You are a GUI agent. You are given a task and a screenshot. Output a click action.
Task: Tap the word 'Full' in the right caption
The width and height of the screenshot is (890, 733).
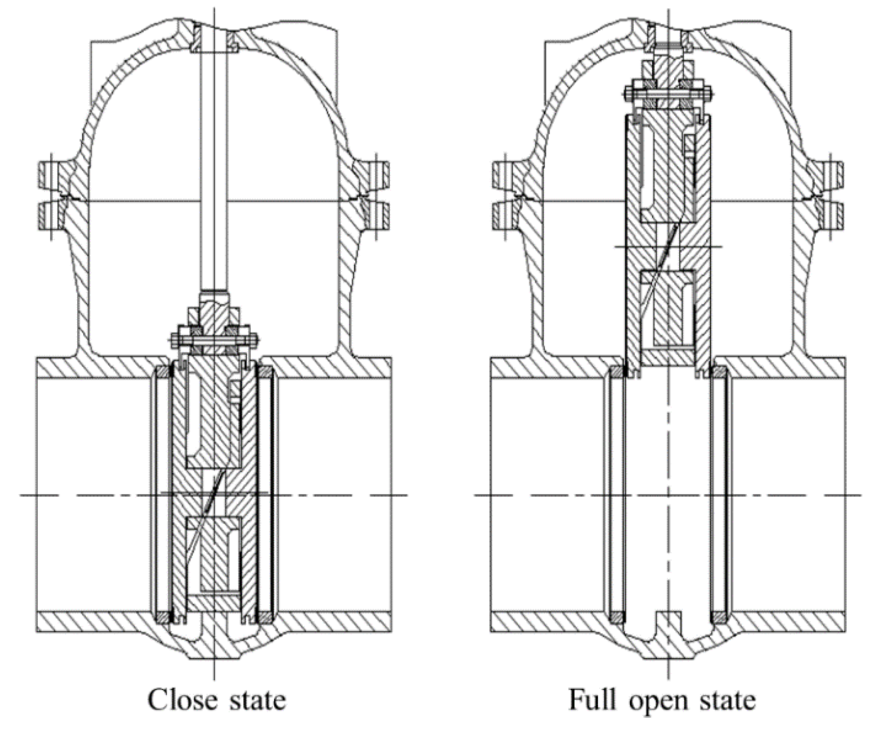click(x=592, y=700)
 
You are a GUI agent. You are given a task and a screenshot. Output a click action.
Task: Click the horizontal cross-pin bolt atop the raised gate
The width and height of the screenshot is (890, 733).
click(x=668, y=95)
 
